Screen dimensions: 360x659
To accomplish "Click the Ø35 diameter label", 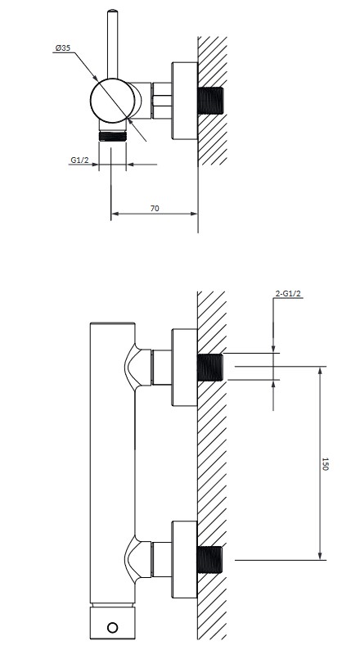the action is tap(63, 48).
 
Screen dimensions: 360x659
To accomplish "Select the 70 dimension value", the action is tap(155, 208).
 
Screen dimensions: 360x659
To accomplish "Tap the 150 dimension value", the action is tap(325, 463).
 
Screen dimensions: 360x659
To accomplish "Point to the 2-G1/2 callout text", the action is tap(288, 294).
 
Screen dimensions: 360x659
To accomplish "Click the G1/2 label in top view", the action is tap(79, 160).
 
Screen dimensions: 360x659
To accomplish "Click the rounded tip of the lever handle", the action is tap(113, 11).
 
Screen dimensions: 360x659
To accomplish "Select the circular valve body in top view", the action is tap(113, 101).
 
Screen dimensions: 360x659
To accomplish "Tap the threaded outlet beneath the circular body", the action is tap(113, 136).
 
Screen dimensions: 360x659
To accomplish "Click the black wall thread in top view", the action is tap(210, 100).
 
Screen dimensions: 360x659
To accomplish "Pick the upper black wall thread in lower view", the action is tap(210, 368).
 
